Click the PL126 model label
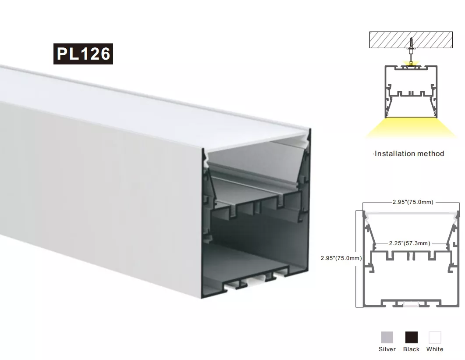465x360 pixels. pos(83,54)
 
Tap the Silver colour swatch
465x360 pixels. pos(387,338)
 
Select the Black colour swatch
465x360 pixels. pos(412,338)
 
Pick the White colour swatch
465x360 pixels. pos(435,338)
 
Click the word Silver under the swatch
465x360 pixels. pos(387,349)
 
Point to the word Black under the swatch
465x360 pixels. pos(412,349)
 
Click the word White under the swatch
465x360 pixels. pos(435,349)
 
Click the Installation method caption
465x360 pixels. pos(408,154)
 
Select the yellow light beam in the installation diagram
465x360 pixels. pos(411,128)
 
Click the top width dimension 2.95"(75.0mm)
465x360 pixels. pos(413,202)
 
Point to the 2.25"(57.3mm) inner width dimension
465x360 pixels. pos(409,243)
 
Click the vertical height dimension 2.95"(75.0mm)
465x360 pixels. pos(341,258)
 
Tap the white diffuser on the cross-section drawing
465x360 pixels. pos(411,214)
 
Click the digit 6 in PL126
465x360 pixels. pos(105,54)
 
